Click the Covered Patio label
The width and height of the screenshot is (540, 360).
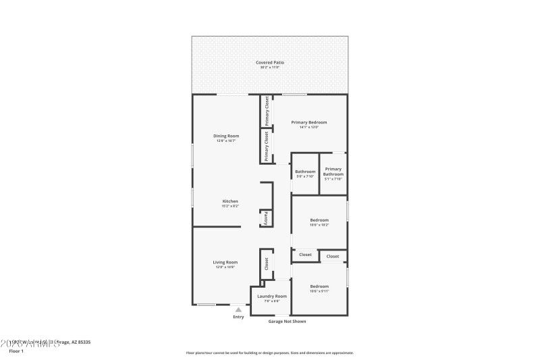point(269,62)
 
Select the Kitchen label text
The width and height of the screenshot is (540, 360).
point(230,201)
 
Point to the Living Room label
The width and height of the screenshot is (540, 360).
point(225,262)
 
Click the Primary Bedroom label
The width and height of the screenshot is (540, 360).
point(309,122)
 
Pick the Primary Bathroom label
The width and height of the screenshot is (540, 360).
point(333,172)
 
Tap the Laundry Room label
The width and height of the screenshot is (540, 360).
point(272,296)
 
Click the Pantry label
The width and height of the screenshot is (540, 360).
point(266,219)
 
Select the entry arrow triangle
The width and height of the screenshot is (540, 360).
point(238,309)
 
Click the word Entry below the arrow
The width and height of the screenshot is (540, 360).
point(238,317)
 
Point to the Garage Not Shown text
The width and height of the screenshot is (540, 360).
point(287,322)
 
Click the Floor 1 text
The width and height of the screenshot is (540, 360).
point(16,351)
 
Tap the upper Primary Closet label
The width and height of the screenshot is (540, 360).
point(267,111)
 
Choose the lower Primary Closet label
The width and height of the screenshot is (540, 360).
point(267,145)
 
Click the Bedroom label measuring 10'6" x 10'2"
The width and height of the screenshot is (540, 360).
point(319,220)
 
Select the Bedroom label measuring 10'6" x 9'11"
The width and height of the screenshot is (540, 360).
point(319,286)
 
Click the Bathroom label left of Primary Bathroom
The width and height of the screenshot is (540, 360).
point(305,172)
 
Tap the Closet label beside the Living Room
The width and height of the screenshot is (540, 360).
point(267,263)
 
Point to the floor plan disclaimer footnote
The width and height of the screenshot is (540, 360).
point(269,353)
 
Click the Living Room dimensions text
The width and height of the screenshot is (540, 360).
point(225,267)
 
